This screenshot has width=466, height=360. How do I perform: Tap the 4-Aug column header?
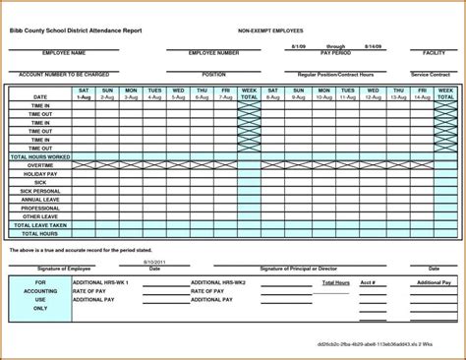(154, 97)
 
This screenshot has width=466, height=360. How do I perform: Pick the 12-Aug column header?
(374, 97)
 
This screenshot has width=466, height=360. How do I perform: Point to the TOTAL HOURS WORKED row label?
(40, 156)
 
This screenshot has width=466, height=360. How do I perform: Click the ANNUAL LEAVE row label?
(40, 200)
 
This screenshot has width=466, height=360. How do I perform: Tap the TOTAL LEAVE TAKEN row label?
(40, 225)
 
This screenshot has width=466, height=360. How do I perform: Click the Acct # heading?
(367, 281)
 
